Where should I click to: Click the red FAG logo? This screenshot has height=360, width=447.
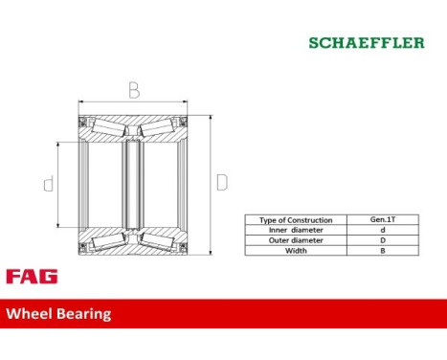pyautogui.click(x=32, y=277)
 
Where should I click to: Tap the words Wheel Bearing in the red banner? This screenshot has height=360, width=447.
pyautogui.click(x=59, y=313)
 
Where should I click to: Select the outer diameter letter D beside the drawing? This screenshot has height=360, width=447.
pyautogui.click(x=221, y=182)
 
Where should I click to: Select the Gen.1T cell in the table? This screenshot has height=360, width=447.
pyautogui.click(x=383, y=220)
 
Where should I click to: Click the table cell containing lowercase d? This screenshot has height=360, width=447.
pyautogui.click(x=383, y=230)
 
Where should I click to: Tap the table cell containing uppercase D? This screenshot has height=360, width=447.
pyautogui.click(x=383, y=240)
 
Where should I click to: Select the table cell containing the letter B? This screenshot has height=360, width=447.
pyautogui.click(x=383, y=250)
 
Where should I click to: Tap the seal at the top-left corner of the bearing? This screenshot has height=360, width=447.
pyautogui.click(x=83, y=123)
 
